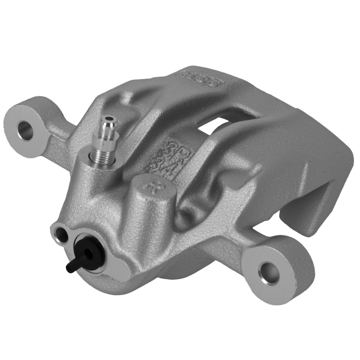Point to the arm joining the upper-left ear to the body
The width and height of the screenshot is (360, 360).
pos(59,144)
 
